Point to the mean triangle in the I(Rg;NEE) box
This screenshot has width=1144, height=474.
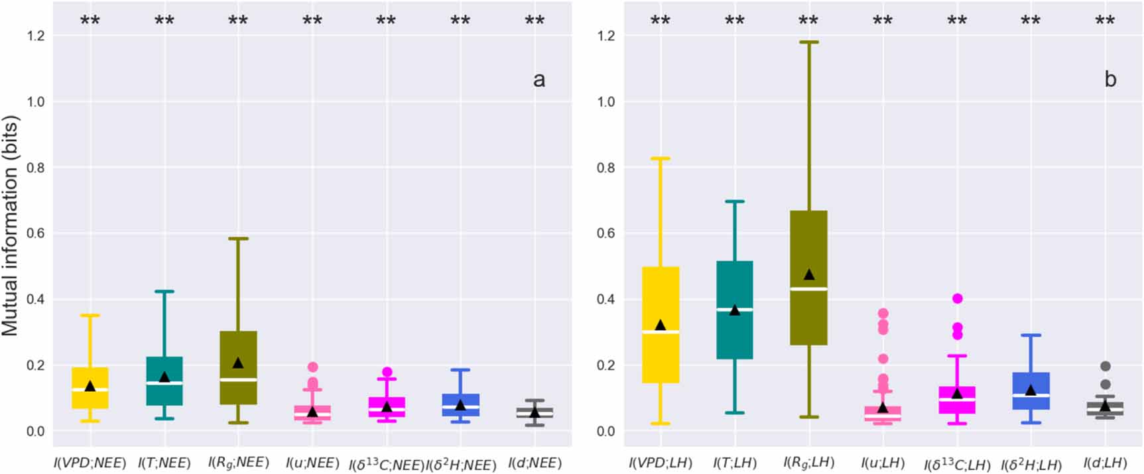point(238,363)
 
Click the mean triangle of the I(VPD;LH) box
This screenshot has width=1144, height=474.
point(660,325)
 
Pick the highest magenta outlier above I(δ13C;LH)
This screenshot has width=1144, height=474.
point(957,298)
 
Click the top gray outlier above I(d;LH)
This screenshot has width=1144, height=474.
point(1105,366)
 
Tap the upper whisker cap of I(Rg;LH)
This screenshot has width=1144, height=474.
point(808,42)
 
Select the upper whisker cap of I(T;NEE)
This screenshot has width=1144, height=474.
point(164,291)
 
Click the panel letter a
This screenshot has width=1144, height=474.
point(539,80)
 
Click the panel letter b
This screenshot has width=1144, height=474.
point(1110,80)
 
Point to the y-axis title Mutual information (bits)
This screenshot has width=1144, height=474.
point(11,225)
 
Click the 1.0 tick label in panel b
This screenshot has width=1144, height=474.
point(606,101)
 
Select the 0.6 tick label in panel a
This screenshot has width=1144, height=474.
point(36,233)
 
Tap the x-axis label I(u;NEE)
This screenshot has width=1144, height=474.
point(312,463)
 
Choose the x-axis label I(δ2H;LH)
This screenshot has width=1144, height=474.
point(1031,464)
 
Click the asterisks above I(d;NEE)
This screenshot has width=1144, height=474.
point(535,21)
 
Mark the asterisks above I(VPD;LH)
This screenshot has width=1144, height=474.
point(660,21)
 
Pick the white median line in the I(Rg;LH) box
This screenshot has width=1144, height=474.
point(808,289)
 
